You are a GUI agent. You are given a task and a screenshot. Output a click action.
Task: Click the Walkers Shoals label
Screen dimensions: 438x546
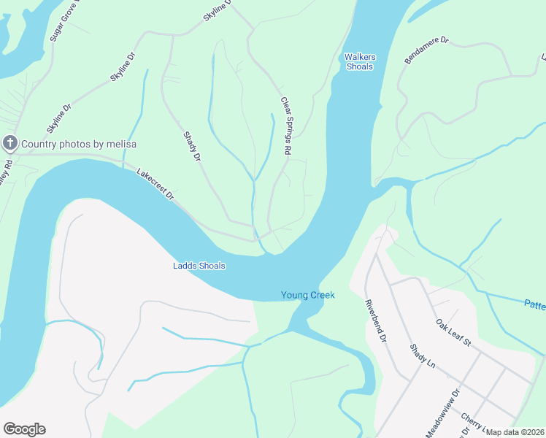click(358, 61)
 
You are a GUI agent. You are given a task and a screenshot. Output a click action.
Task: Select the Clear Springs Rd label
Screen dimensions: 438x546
click(286, 126)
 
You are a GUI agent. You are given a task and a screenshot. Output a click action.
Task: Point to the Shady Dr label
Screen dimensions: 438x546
click(192, 145)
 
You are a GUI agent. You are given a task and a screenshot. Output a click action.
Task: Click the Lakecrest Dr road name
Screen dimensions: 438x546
click(155, 185)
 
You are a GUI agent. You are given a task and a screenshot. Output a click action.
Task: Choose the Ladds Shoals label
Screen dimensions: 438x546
click(199, 266)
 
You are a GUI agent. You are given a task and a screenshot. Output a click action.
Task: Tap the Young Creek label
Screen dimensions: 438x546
click(307, 295)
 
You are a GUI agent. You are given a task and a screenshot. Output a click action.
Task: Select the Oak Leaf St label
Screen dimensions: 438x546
click(453, 333)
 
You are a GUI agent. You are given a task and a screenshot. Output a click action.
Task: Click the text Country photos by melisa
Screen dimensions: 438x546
click(79, 144)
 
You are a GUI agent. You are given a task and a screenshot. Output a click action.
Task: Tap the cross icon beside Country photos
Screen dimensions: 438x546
click(10, 143)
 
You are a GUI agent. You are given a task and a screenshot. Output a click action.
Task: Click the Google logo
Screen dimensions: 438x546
click(24, 429)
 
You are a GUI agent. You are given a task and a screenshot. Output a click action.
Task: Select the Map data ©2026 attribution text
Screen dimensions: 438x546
click(515, 432)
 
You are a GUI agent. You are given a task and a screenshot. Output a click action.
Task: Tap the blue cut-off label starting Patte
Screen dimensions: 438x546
click(534, 304)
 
